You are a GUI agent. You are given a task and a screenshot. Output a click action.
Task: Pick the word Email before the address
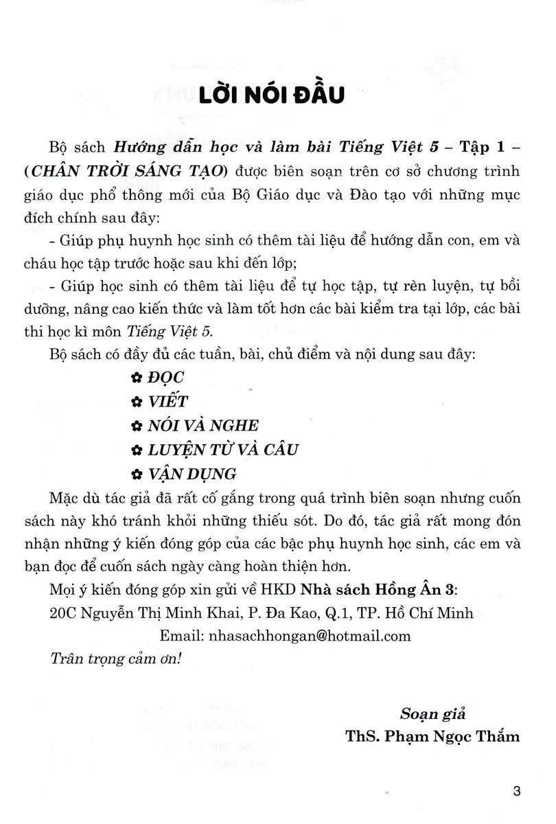pos(178,636)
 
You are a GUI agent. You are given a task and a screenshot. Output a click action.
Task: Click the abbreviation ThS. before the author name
pos(363,736)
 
